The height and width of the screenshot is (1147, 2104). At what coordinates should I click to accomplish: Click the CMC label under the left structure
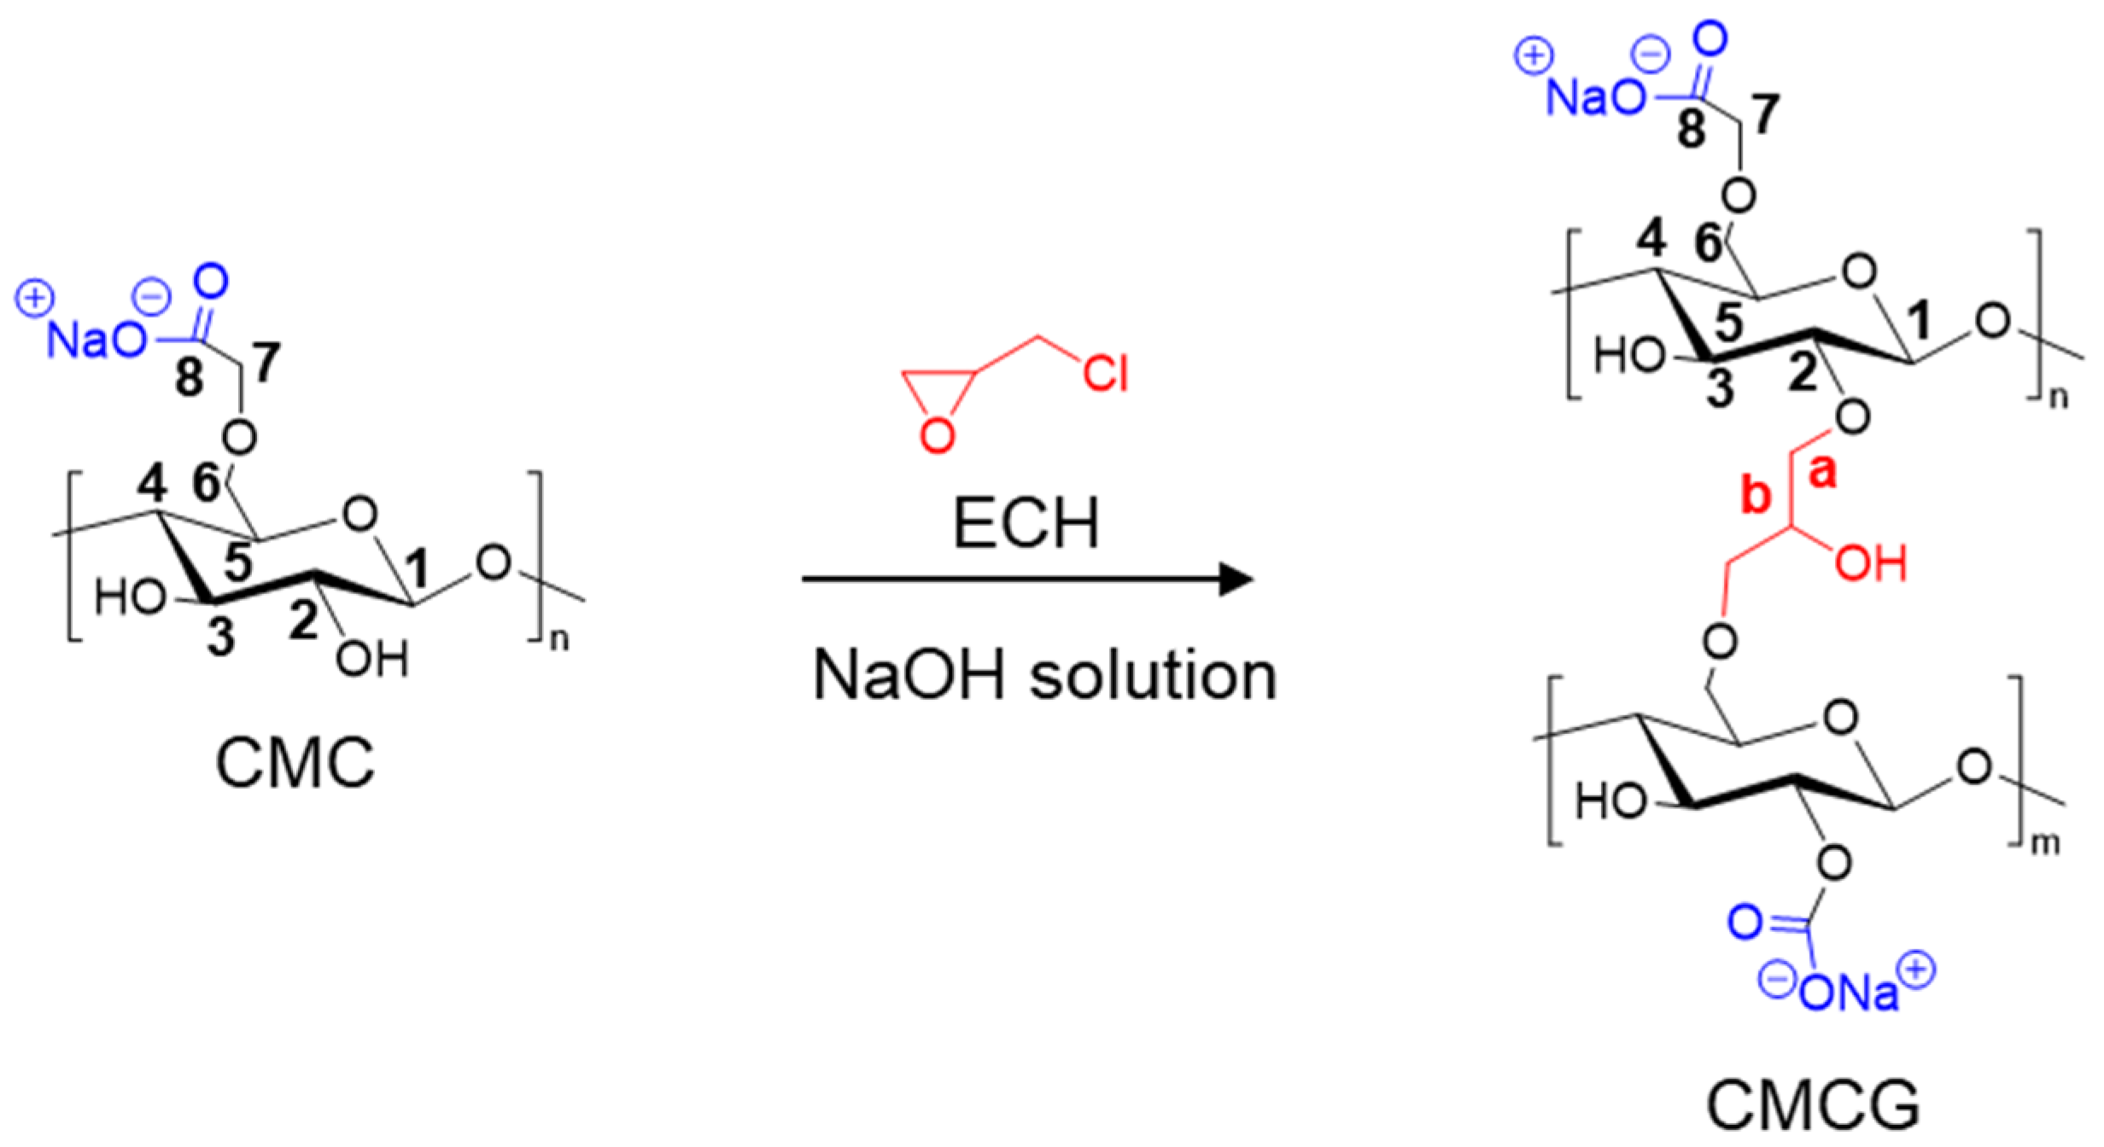pos(295,763)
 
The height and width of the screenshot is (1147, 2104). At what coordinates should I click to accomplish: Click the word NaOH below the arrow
pos(909,675)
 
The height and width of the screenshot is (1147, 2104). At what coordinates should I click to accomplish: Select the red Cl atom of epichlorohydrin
pos(1106,373)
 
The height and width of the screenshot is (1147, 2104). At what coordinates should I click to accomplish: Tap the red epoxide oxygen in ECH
pos(937,436)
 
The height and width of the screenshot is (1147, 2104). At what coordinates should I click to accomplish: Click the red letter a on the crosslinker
pos(1822,472)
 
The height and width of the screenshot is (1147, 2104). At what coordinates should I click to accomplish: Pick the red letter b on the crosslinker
pos(1756,495)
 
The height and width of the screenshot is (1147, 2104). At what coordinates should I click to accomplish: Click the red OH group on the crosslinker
pos(1871,564)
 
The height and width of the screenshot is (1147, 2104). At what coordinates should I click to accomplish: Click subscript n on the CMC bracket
pos(559,640)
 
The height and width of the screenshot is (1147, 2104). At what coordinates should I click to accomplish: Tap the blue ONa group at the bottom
pos(1848,993)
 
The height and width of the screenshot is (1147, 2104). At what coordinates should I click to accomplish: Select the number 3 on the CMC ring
pos(221,637)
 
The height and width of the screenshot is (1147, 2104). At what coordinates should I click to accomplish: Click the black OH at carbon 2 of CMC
pos(372,659)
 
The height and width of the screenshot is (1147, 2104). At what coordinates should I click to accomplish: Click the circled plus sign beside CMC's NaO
pos(35,299)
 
